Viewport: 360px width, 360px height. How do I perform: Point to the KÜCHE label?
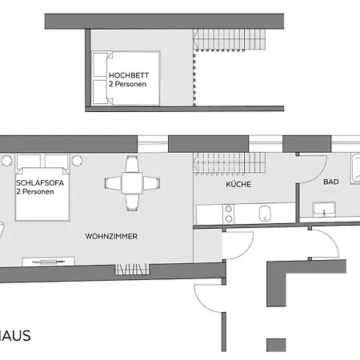click(x=238, y=184)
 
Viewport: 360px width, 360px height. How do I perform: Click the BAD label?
click(x=330, y=182)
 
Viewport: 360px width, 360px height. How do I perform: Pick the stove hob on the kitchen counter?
click(x=228, y=213)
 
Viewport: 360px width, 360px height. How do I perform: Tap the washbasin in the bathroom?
click(x=325, y=210)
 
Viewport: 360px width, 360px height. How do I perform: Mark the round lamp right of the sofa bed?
click(x=77, y=161)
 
